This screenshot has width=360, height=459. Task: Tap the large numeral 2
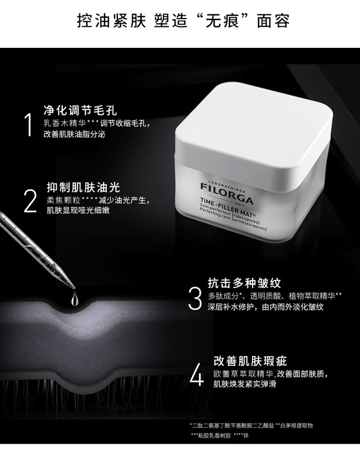click(x=30, y=201)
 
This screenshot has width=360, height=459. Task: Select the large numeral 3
click(x=195, y=298)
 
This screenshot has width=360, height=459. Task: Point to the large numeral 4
click(x=197, y=374)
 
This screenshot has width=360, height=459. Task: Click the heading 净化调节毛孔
click(x=80, y=110)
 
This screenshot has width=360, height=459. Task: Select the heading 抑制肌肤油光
click(x=83, y=187)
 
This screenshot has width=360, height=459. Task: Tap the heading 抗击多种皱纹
click(x=244, y=283)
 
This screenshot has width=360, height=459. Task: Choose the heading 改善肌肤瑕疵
click(x=250, y=361)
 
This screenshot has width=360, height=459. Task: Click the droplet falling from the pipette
click(x=74, y=298)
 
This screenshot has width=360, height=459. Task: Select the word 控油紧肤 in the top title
click(x=111, y=21)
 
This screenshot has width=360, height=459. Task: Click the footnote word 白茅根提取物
click(x=297, y=425)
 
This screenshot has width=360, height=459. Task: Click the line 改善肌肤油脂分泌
click(x=74, y=134)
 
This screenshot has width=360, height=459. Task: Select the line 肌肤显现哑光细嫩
click(x=78, y=210)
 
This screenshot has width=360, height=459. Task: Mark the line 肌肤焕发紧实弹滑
click(x=245, y=384)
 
